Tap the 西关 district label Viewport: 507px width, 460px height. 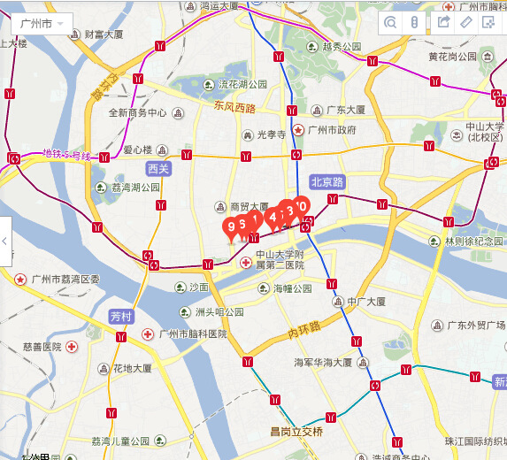point(158,168)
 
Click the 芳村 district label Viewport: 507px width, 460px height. point(121,316)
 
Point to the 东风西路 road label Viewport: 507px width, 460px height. point(234,107)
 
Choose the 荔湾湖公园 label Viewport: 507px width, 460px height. point(134,188)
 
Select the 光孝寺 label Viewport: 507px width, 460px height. point(271,134)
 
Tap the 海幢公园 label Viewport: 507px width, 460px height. point(292,288)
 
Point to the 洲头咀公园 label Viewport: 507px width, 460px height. point(219,311)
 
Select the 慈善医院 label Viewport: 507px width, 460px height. point(42,346)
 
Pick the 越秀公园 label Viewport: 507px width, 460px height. point(341,46)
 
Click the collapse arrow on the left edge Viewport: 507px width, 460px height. point(5,241)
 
